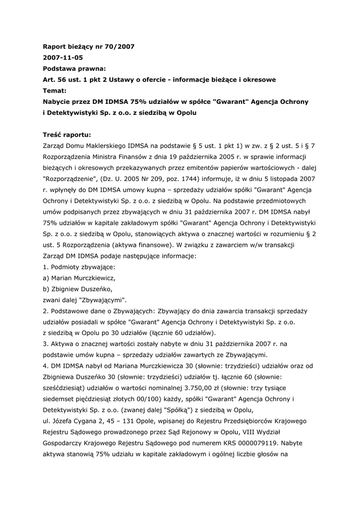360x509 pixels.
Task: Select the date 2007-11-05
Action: (x=63, y=57)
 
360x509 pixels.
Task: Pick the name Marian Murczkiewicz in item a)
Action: (x=83, y=278)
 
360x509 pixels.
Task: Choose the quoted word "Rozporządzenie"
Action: (x=71, y=178)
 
